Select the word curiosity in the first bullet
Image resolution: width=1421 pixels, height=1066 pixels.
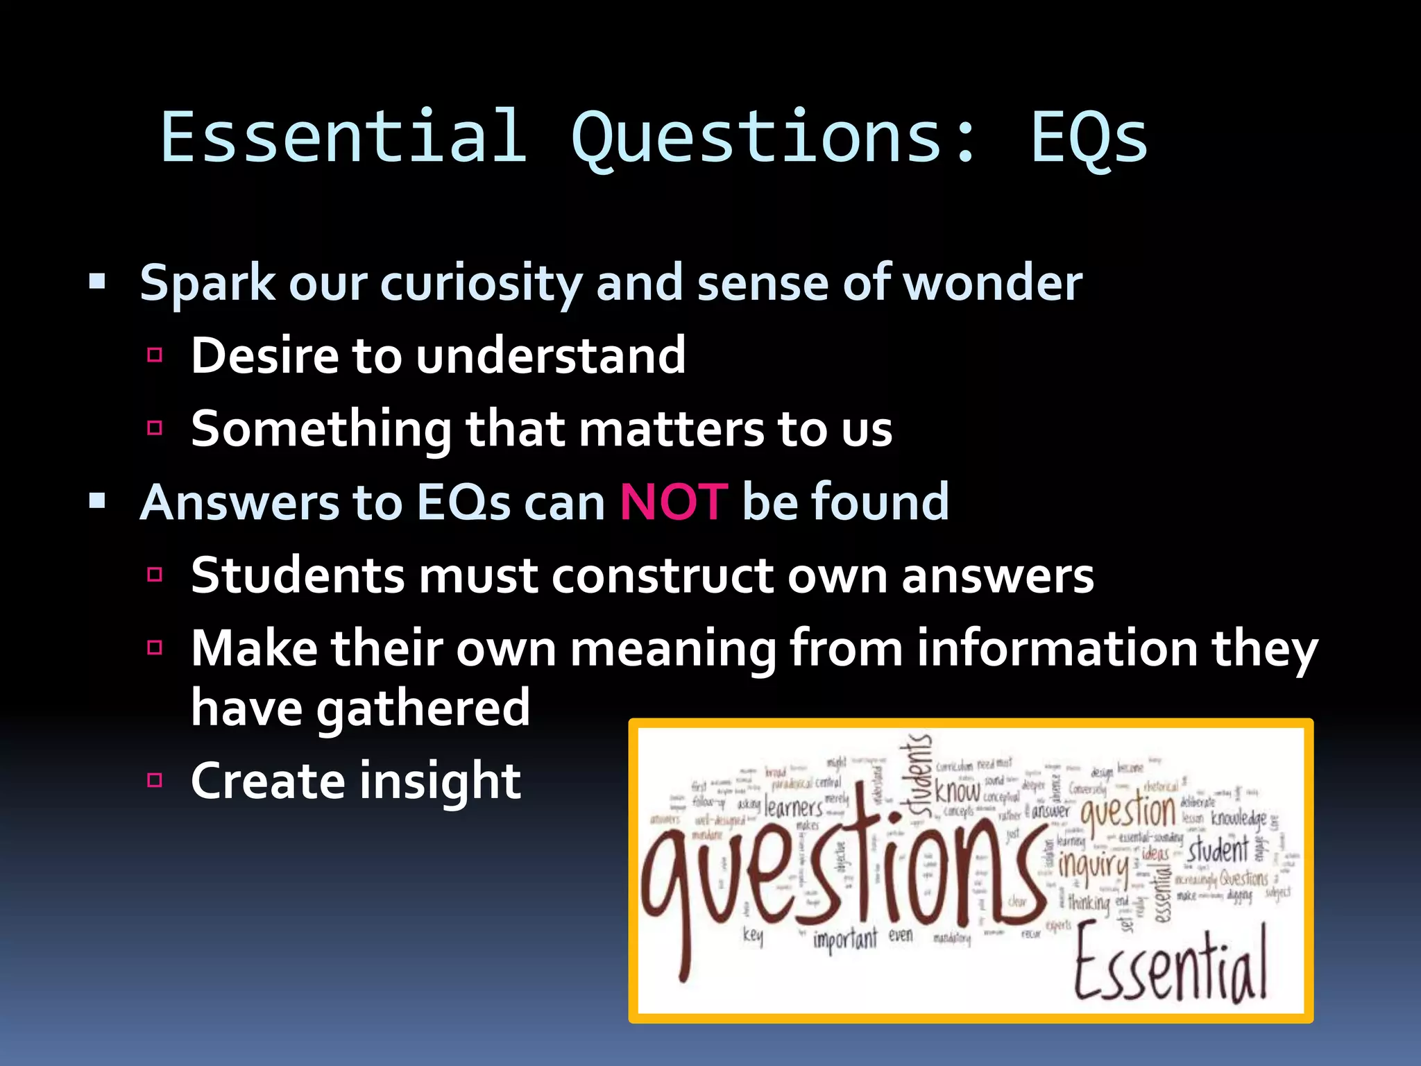pos(481,283)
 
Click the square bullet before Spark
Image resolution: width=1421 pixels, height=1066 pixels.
pos(97,282)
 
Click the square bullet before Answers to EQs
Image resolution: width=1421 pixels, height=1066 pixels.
pos(97,500)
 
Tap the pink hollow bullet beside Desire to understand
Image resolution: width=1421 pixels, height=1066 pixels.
pos(155,355)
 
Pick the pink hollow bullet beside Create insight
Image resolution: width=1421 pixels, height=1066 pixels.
pos(155,780)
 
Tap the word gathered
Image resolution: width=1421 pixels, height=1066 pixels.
pos(423,709)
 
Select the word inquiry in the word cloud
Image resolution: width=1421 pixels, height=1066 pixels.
pos(1094,865)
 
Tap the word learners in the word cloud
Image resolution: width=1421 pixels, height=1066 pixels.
pos(793,808)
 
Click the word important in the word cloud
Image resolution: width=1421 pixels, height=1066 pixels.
pos(844,940)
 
